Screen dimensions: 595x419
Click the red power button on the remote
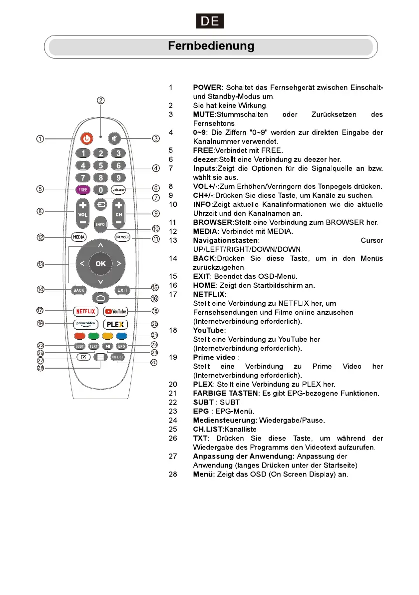coord(87,138)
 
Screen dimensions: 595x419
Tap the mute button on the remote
coord(116,138)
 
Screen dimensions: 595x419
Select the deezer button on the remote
coord(118,190)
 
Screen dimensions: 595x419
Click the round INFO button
coord(101,224)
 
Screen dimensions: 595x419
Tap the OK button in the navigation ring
coord(101,263)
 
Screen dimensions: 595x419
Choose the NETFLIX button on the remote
coord(85,311)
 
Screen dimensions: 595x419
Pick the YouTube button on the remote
coord(116,311)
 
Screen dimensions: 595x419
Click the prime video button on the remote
coord(85,323)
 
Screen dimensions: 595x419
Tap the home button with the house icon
coord(101,298)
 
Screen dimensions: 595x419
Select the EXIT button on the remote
coord(122,290)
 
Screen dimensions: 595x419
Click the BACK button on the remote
coord(79,290)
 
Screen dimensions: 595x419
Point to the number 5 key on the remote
coord(101,165)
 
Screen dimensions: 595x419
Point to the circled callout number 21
coord(155,335)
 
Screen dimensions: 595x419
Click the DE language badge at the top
coord(209,21)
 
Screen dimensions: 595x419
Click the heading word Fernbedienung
coord(211,46)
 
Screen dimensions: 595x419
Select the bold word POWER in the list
coord(207,88)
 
